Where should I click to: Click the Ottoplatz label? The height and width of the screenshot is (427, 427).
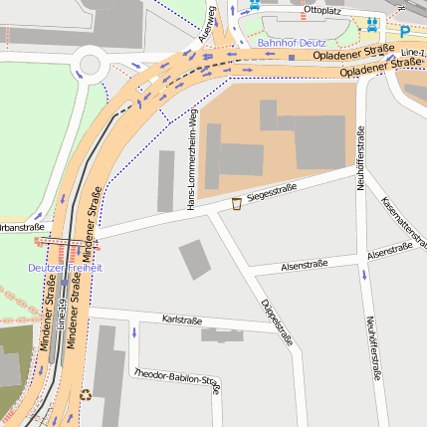322,9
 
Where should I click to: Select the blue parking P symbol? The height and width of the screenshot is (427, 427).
404,32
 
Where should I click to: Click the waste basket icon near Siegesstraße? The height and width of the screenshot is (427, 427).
236,204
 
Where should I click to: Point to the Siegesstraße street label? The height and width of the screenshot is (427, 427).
273,188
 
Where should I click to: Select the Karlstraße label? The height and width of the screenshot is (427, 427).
181,320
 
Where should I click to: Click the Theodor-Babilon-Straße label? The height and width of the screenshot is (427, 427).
176,377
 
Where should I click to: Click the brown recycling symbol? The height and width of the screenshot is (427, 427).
86,394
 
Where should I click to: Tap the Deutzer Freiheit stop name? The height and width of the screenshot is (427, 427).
65,268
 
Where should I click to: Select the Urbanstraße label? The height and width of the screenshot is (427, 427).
20,227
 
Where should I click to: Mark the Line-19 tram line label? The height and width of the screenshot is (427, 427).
61,315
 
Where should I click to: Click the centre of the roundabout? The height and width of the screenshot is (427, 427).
89,66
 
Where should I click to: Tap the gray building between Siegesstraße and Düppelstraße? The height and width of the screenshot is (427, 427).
195,260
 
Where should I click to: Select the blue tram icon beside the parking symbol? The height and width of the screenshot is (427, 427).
372,24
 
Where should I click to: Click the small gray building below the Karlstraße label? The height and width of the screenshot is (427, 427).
221,335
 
